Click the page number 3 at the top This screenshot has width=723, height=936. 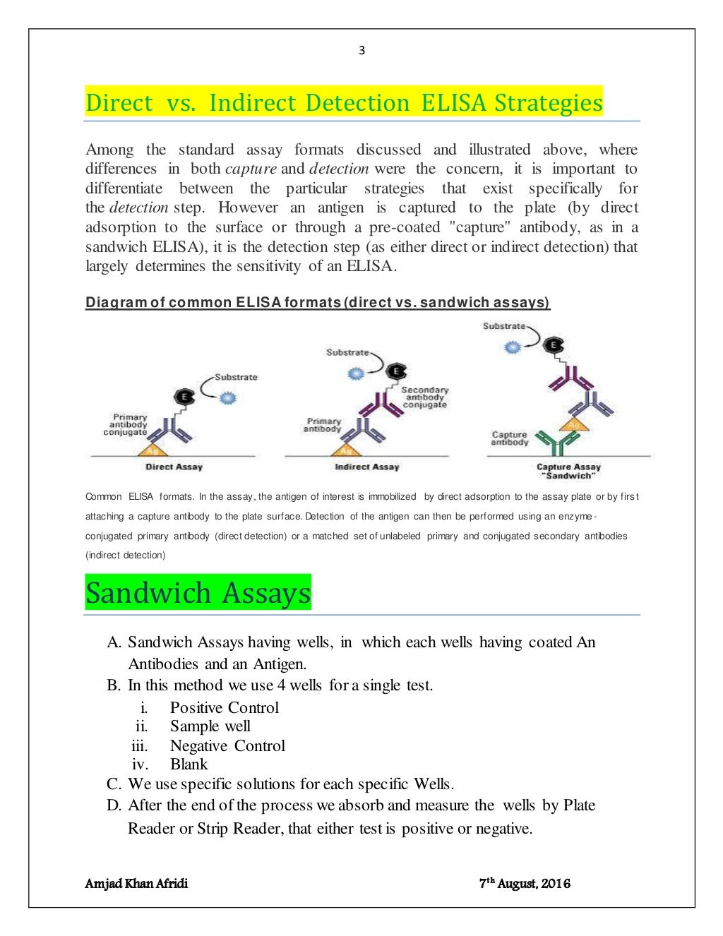[x=361, y=50]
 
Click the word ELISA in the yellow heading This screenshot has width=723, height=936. [x=453, y=103]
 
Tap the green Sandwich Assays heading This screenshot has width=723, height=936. [x=198, y=593]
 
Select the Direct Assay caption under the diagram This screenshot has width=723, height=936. [x=174, y=467]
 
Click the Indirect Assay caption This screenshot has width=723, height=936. [x=366, y=467]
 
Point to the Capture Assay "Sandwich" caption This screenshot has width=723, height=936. [x=568, y=471]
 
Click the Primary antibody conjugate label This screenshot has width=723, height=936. [x=126, y=424]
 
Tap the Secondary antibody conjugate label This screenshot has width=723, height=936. [x=424, y=397]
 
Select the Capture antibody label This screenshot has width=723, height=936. [x=509, y=438]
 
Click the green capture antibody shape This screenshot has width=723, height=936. [x=557, y=443]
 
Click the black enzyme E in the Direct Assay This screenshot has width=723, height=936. [x=185, y=397]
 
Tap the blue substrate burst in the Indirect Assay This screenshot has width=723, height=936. [x=357, y=373]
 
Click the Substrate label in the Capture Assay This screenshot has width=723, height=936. [x=503, y=326]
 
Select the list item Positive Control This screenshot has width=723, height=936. [x=224, y=707]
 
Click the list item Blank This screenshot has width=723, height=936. [x=189, y=764]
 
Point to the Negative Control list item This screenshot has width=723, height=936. [x=227, y=745]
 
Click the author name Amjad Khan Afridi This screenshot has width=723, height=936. [x=136, y=883]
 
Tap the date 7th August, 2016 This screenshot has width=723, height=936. [x=525, y=883]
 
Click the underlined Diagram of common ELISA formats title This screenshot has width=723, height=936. [x=317, y=302]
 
